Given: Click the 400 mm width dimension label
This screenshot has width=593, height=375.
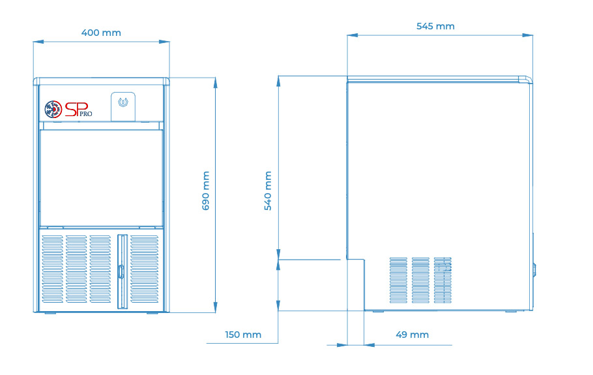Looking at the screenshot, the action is click(101, 33).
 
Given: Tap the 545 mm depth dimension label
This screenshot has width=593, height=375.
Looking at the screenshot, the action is click(435, 27).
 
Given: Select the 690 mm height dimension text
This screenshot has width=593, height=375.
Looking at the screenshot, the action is click(206, 190).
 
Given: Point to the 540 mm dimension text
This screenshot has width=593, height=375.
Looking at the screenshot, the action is click(268, 190).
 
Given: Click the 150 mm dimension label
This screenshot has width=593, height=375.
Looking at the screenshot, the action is click(243, 335).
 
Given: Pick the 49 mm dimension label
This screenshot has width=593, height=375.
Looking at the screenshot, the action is click(412, 335).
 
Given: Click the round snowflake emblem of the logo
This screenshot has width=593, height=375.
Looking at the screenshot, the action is click(53, 110).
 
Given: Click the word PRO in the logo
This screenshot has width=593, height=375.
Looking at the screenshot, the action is click(86, 113).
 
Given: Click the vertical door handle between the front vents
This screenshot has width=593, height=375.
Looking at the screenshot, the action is click(122, 271).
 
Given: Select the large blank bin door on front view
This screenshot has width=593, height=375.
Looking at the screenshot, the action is click(102, 178).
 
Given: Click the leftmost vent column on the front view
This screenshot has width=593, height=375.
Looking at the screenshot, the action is click(53, 269).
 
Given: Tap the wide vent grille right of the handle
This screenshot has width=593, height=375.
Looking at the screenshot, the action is click(145, 269).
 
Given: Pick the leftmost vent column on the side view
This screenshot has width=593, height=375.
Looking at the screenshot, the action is click(399, 280).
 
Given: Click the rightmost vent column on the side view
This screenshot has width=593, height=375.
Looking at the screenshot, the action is click(442, 280).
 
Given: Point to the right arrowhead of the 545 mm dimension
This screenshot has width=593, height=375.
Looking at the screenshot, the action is click(528, 35).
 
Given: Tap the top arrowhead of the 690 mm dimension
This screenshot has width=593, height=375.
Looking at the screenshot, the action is click(216, 83).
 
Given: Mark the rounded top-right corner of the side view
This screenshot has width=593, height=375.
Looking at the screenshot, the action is click(528, 79).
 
